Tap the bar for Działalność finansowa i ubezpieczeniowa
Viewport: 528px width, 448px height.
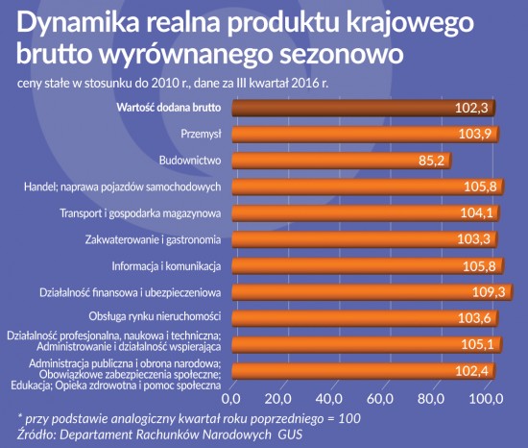click(x=374, y=291)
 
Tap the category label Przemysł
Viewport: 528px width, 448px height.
click(x=202, y=135)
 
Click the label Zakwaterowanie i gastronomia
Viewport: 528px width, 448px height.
click(x=160, y=239)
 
